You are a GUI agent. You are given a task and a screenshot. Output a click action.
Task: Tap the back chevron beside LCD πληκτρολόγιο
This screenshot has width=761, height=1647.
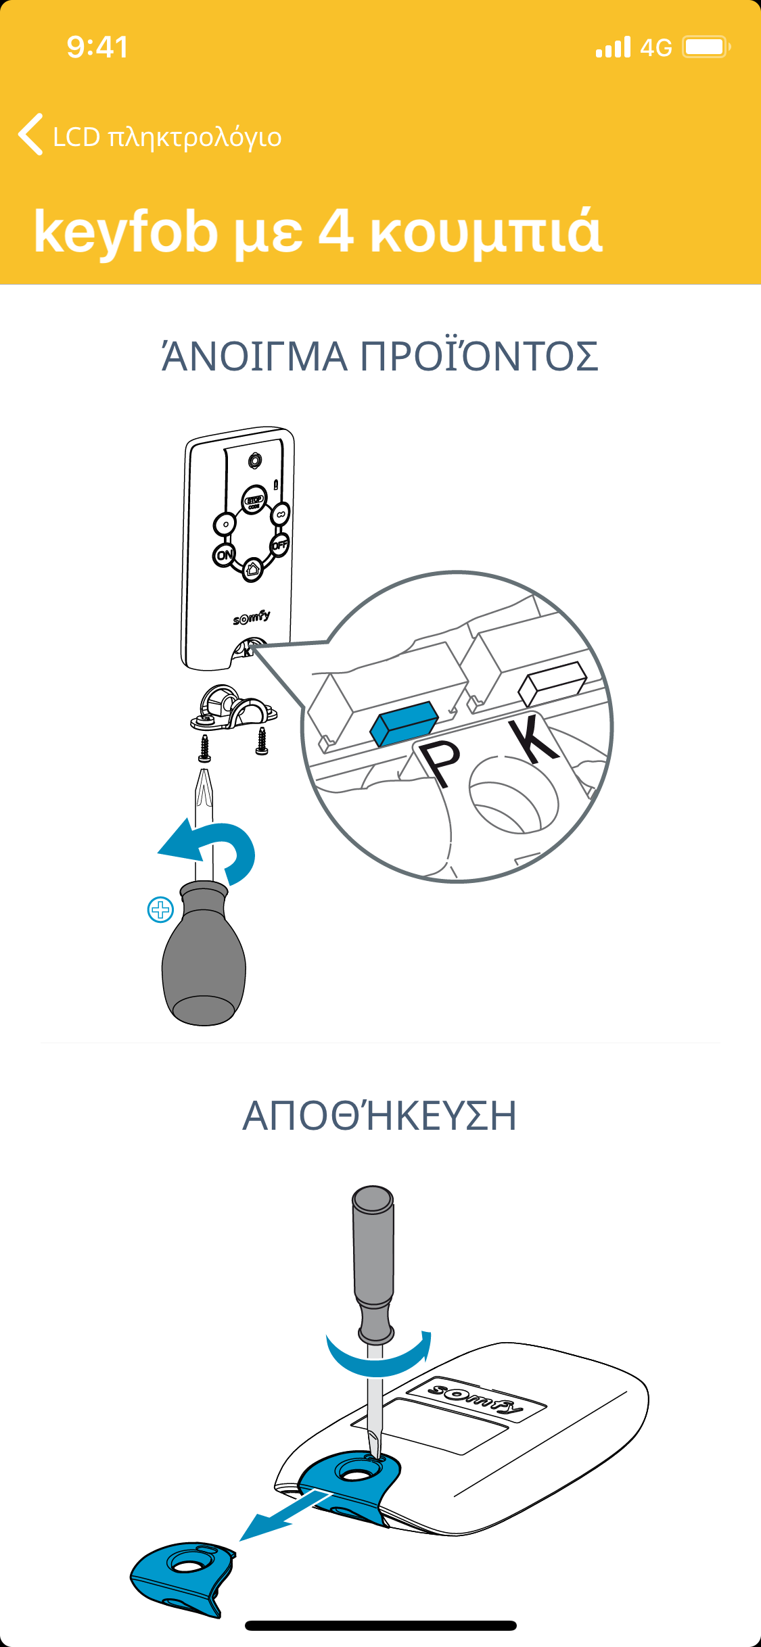30,134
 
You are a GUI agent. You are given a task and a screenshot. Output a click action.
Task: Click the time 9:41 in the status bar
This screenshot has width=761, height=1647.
97,47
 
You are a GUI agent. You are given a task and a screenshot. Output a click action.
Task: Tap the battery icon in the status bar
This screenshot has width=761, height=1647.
706,47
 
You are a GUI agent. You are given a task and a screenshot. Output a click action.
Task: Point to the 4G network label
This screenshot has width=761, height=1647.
655,47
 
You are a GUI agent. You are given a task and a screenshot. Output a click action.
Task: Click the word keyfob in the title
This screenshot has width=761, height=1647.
126,231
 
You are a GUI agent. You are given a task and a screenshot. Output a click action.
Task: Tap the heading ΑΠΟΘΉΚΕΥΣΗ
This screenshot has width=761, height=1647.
380,1116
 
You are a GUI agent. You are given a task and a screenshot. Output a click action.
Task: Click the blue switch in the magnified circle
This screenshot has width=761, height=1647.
404,723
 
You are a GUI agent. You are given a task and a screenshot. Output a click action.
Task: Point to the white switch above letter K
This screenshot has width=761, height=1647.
553,683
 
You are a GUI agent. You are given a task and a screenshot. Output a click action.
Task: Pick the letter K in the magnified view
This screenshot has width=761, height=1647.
534,740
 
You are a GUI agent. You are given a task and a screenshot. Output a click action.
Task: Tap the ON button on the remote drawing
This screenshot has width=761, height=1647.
225,555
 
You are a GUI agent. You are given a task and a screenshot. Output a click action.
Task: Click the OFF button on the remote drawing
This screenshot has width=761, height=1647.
279,544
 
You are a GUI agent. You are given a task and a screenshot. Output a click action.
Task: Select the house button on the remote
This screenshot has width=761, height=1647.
252,569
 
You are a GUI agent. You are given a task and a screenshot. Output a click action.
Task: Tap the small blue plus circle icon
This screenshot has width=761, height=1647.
160,910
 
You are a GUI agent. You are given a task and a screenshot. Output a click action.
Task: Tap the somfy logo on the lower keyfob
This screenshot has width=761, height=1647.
476,1398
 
